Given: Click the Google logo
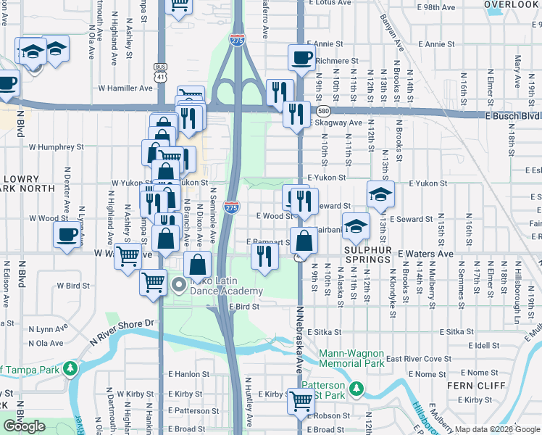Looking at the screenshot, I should (x=25, y=426).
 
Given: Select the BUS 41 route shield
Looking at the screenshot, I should (x=160, y=70).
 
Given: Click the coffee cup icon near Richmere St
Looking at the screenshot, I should (x=301, y=57).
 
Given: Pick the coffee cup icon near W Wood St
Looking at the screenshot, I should (x=67, y=234).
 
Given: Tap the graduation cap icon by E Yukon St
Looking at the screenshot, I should (x=380, y=193).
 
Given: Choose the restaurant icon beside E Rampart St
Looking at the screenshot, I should (x=264, y=255).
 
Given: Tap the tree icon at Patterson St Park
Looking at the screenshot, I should (x=356, y=390).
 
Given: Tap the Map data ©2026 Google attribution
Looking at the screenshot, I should (x=496, y=429).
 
